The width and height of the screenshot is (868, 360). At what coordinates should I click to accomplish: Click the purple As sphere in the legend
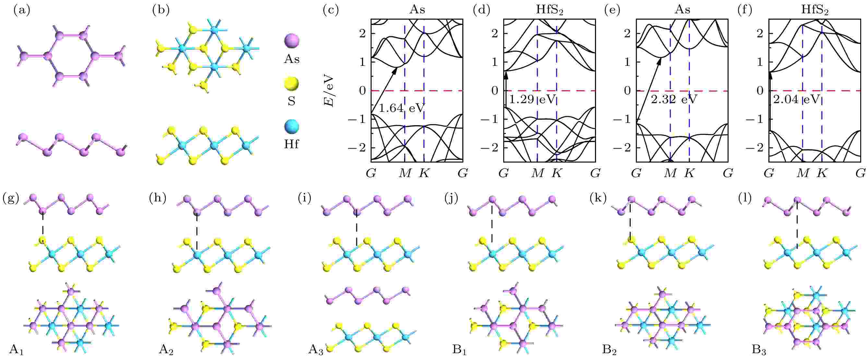point(292,41)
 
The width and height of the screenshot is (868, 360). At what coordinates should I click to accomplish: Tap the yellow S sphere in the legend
point(292,84)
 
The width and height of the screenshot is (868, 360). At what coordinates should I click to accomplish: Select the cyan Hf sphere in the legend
point(292,126)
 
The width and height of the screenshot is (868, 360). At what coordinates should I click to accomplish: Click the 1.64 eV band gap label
point(401,108)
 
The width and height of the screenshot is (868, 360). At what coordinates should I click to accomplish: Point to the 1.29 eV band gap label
point(531,100)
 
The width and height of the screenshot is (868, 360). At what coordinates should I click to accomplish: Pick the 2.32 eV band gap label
point(673,100)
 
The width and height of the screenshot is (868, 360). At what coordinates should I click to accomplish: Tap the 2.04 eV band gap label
point(796,100)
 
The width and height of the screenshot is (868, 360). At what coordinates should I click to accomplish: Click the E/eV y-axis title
point(329,90)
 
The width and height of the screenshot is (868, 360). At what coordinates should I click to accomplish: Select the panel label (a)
point(22,10)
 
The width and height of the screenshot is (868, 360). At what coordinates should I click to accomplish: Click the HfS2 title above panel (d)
point(549,10)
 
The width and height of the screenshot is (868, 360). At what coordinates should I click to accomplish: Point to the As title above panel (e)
point(682,9)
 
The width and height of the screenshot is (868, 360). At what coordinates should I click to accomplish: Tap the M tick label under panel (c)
point(405,173)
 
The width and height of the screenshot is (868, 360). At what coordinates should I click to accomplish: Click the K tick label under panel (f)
point(822,173)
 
